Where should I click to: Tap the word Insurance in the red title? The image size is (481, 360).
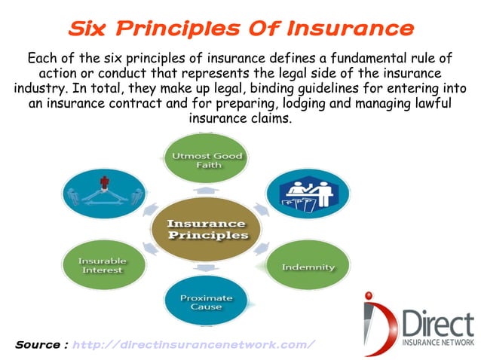(353, 29)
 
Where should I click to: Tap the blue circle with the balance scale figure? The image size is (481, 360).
(103, 194)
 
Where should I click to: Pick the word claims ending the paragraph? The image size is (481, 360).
(271, 118)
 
